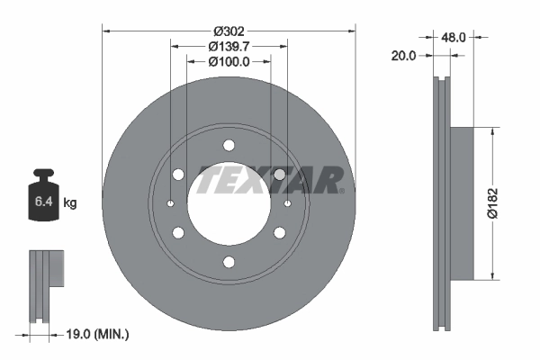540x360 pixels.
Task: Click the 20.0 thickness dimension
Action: tap(405, 55)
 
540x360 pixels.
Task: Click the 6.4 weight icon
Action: tap(43, 199)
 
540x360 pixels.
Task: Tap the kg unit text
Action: tap(70, 203)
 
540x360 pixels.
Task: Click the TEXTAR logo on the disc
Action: tap(270, 180)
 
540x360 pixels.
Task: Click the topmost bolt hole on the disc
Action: tap(229, 145)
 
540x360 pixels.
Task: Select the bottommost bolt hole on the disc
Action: tap(229, 262)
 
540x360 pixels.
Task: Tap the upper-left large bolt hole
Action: tap(178, 174)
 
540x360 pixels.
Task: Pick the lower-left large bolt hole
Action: tap(178, 232)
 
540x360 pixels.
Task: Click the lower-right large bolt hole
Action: tap(279, 232)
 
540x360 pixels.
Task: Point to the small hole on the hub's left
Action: tap(170, 203)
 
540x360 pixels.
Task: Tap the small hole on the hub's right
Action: tap(287, 203)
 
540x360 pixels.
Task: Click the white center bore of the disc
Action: tap(229, 203)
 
